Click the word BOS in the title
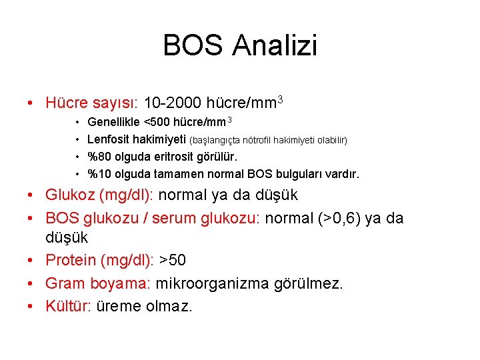click(x=193, y=46)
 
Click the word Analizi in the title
click(x=275, y=46)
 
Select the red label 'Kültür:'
click(x=68, y=307)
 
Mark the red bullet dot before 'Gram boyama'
click(x=31, y=284)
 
